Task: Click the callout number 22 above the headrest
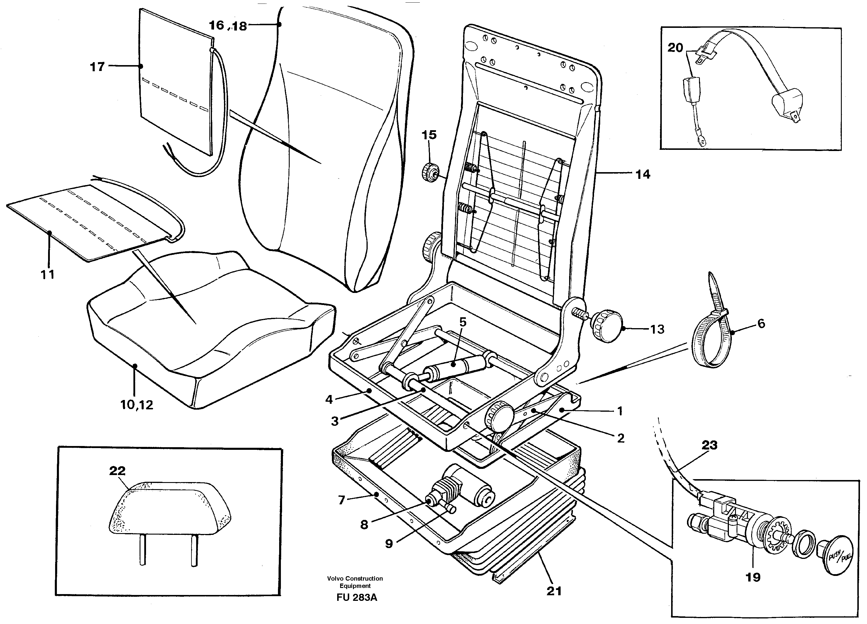click(117, 471)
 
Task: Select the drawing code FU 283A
click(356, 598)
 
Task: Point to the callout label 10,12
click(136, 405)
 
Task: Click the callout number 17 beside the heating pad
click(97, 67)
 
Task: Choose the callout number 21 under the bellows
click(554, 591)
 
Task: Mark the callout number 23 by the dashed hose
click(710, 445)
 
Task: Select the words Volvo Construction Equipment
click(355, 582)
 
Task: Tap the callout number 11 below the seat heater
click(48, 274)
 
